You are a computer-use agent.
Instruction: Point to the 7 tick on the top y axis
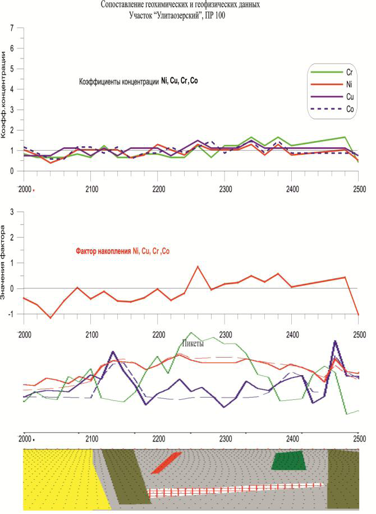click(12, 28)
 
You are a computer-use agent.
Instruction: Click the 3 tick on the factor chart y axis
click(12, 211)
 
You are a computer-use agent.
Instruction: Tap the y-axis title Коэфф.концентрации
click(5, 93)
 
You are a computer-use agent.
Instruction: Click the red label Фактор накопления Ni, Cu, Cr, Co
click(122, 251)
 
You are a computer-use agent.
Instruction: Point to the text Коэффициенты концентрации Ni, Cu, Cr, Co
click(138, 82)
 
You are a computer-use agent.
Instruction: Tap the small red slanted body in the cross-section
click(166, 462)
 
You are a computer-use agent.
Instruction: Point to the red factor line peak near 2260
click(198, 267)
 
